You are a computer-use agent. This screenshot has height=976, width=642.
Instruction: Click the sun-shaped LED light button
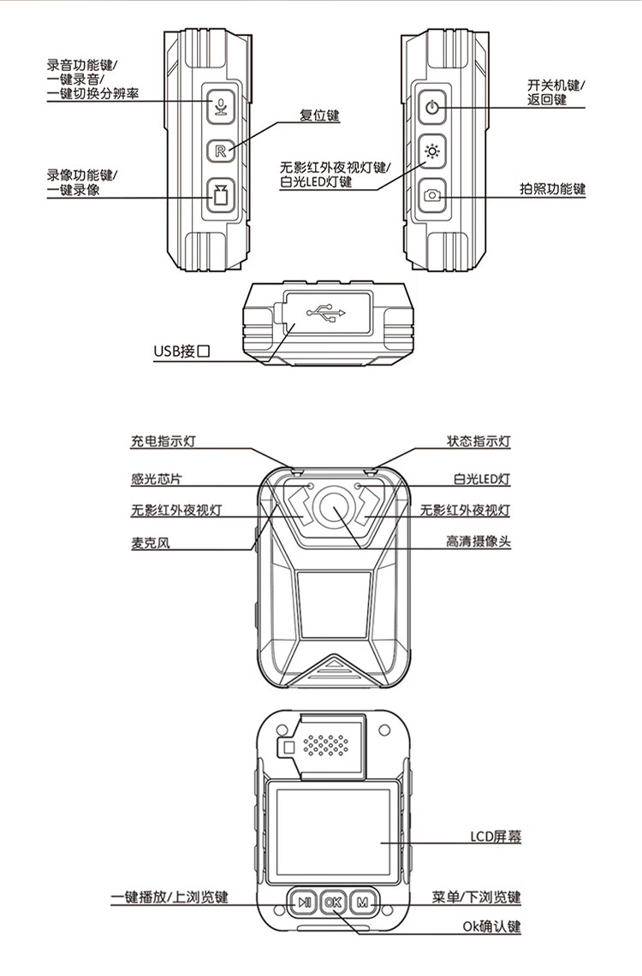tap(433, 152)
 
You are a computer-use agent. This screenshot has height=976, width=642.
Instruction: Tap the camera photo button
tap(433, 196)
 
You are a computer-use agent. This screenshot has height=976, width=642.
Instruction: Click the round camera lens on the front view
tap(334, 507)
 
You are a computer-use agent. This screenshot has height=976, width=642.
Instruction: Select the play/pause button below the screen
tap(304, 902)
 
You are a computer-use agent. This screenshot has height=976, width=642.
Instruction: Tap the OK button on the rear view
tap(333, 902)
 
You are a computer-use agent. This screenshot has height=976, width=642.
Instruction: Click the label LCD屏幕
tap(496, 837)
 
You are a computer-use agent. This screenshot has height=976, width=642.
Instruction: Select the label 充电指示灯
tap(163, 442)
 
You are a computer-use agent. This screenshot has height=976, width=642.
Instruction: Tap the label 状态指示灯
tap(479, 442)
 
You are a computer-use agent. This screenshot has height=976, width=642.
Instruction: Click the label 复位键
tap(319, 115)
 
